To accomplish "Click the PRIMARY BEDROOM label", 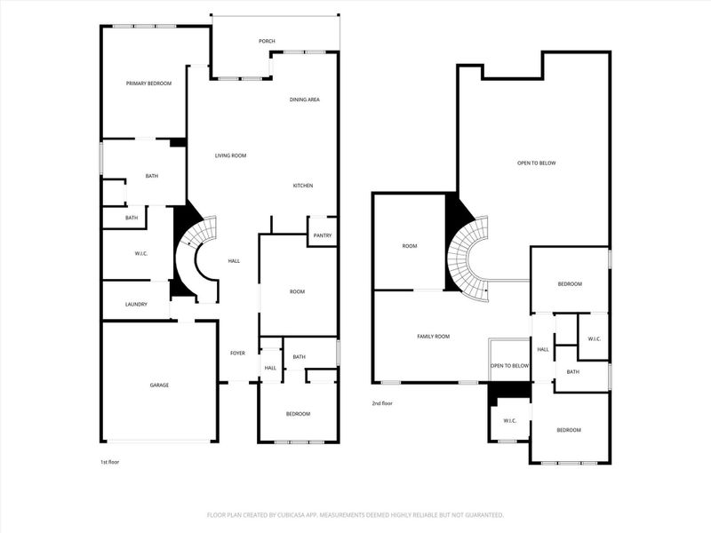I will [148, 84].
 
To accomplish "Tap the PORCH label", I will [266, 41].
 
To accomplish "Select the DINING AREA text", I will [304, 99].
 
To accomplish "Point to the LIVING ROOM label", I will [230, 155].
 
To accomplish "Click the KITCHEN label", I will [303, 186].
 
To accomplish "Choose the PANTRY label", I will [322, 235].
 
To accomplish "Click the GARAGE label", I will [159, 385].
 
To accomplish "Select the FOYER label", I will [237, 353].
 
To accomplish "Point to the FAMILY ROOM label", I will [434, 337].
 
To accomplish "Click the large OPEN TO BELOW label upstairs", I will [536, 163].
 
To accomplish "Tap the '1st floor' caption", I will [111, 462].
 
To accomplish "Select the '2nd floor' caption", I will [382, 403].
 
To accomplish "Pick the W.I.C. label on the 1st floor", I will [140, 253].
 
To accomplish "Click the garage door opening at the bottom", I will [159, 442].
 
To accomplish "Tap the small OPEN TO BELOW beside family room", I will [510, 366].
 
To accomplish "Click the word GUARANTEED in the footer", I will [481, 514].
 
